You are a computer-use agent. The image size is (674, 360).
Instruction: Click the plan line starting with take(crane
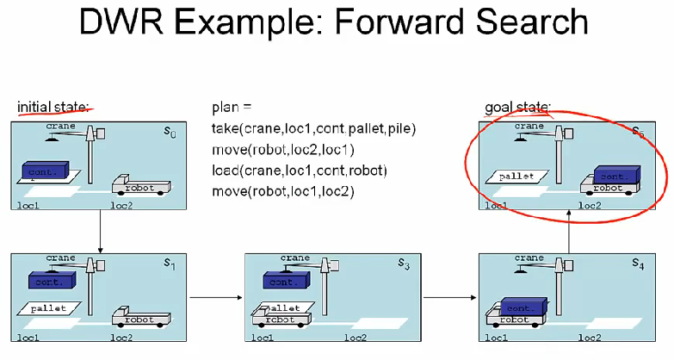(313, 129)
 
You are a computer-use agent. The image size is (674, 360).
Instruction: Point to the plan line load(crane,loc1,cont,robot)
(299, 170)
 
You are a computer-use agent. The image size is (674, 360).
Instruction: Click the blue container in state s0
(46, 171)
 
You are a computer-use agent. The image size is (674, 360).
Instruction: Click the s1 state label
(169, 264)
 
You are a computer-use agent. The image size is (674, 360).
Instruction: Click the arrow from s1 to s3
(214, 299)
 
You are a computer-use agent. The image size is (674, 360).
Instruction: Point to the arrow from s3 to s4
(448, 299)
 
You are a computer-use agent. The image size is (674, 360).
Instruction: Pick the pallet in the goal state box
(516, 177)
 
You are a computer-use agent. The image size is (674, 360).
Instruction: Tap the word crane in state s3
(295, 258)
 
